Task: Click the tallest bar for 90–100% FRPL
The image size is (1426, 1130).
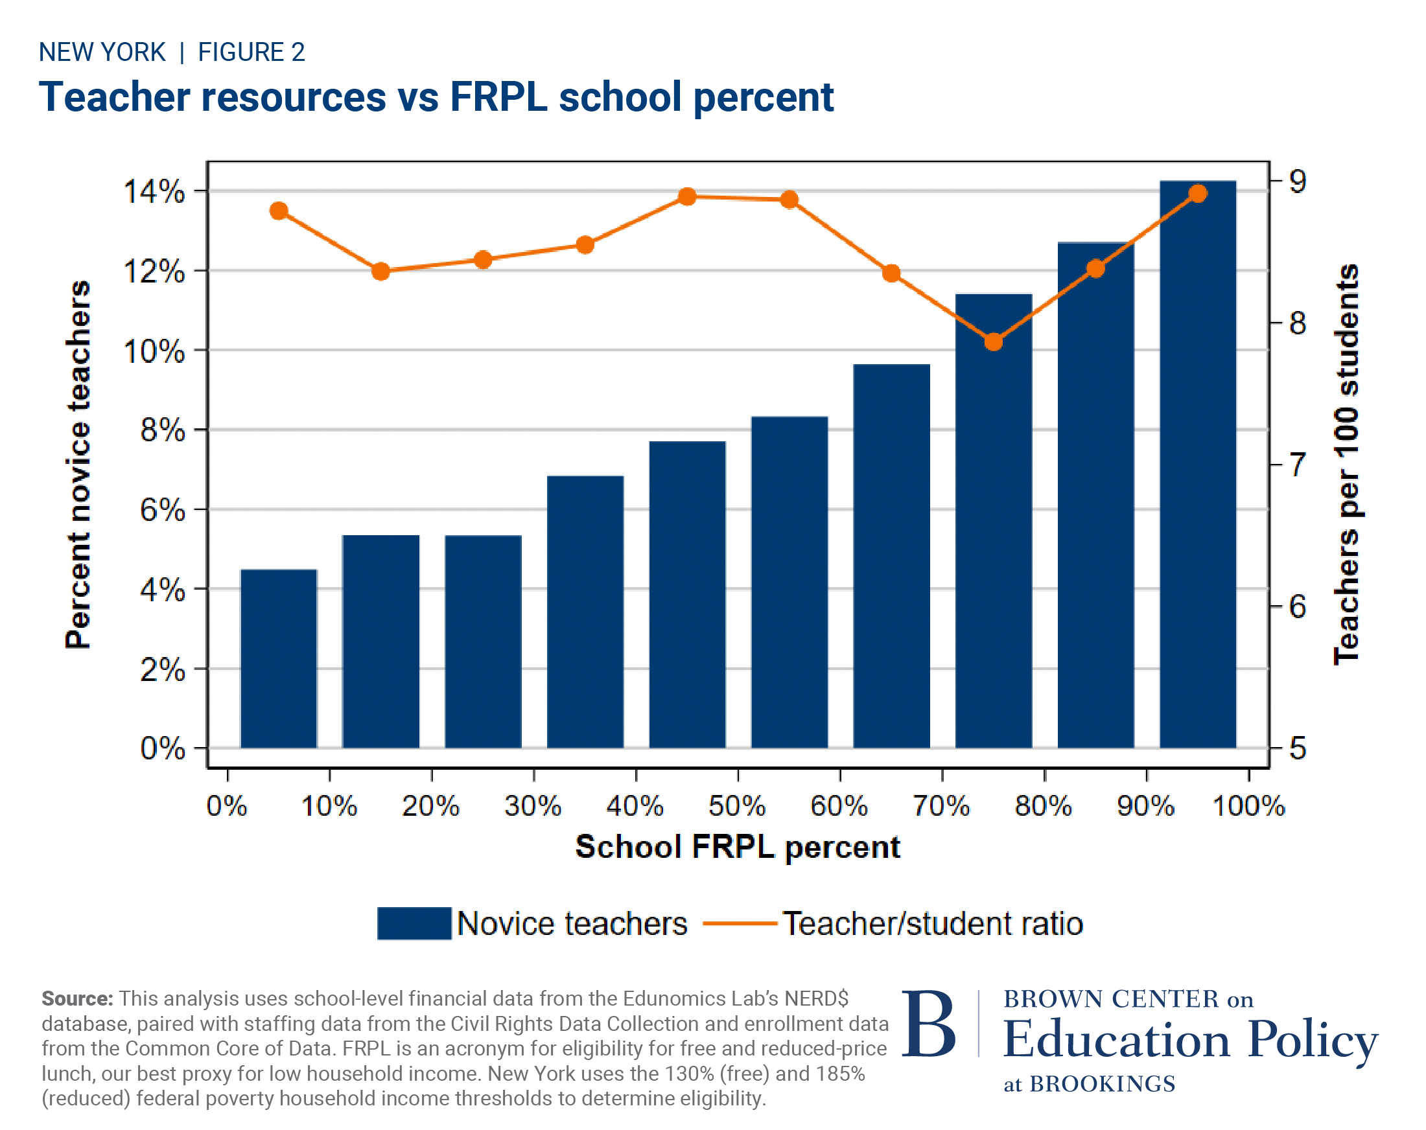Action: point(1197,463)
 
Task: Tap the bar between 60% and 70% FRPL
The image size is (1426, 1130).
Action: point(891,555)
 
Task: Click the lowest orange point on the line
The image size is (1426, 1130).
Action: point(993,342)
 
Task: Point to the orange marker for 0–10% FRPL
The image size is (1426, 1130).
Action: point(279,211)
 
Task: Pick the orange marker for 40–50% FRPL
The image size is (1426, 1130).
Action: point(687,196)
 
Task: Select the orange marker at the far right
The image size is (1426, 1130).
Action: point(1197,194)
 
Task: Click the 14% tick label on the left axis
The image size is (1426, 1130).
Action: point(154,192)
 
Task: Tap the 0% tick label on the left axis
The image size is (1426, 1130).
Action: point(162,748)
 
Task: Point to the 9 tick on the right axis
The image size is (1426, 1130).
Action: point(1297,181)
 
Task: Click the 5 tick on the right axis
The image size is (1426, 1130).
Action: point(1297,748)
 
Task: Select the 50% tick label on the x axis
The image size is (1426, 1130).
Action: point(737,806)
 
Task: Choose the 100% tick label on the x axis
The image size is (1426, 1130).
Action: point(1247,806)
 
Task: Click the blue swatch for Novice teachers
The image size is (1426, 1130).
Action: point(414,923)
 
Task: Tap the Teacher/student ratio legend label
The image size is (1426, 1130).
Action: point(933,923)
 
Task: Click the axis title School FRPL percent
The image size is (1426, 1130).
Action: point(737,847)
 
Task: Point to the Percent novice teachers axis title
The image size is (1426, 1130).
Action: point(78,464)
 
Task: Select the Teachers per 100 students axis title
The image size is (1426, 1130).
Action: point(1346,464)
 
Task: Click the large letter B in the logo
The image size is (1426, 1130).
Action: point(928,1024)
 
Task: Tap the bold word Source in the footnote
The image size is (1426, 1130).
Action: point(77,998)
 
